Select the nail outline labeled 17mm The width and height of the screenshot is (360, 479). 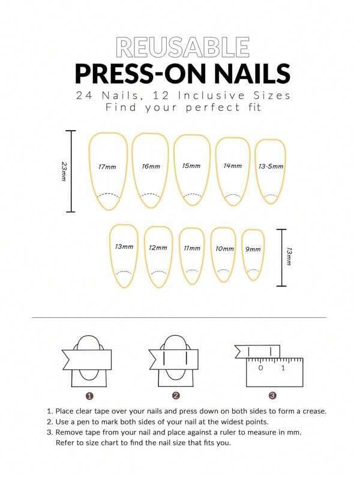coord(107,171)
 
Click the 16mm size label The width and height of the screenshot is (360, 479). coord(151,166)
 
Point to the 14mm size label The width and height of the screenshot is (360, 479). coord(232,165)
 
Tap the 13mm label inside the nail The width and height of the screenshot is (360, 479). coord(124,246)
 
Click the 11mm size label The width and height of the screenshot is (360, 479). coord(192,248)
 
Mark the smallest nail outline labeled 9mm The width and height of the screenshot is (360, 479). coord(253,254)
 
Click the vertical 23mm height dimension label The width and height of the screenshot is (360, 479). coord(64,171)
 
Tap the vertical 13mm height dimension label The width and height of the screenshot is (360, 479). coord(289,257)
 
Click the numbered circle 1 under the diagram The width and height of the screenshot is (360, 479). coord(89,396)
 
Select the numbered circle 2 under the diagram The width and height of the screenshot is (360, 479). coord(176,396)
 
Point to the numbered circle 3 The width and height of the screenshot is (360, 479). coord(272,396)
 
